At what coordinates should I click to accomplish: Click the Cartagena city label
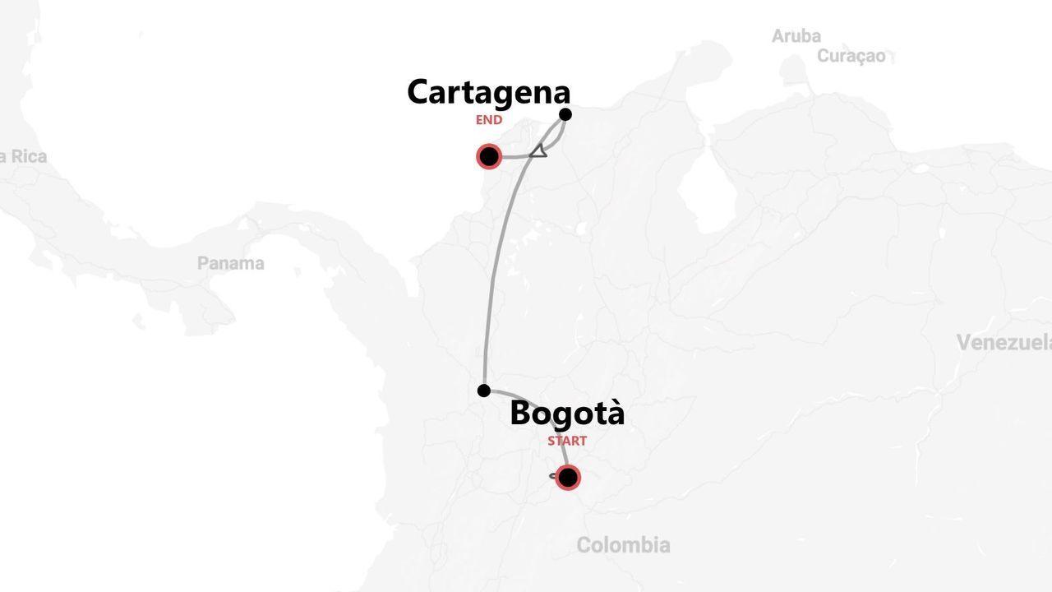click(488, 92)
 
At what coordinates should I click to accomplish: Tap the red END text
click(488, 120)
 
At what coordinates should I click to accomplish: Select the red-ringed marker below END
click(489, 156)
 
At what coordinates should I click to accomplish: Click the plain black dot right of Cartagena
click(565, 114)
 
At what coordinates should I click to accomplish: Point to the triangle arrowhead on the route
click(538, 150)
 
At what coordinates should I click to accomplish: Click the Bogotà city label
click(567, 413)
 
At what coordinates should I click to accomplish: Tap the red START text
click(567, 441)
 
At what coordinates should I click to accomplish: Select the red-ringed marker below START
click(567, 477)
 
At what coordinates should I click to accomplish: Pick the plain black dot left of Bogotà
click(484, 391)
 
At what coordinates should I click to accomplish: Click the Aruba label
click(796, 36)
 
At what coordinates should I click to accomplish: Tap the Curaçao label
click(851, 56)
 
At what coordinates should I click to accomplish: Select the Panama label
click(230, 263)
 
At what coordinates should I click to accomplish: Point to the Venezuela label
click(1003, 342)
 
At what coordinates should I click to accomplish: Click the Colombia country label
click(623, 544)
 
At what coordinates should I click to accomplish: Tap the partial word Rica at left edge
click(25, 156)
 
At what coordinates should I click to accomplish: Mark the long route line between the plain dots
click(496, 271)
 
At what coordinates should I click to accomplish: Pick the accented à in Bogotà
click(614, 413)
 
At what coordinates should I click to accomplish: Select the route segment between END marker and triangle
click(514, 156)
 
